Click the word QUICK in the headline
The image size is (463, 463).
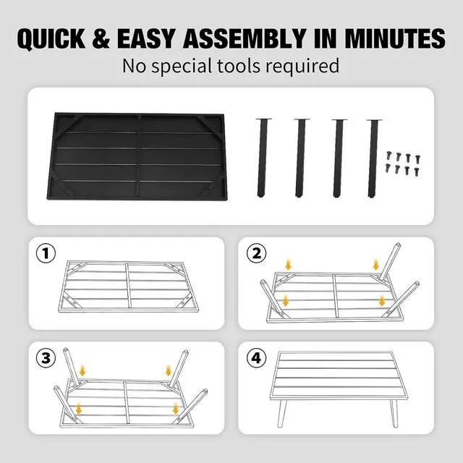(x=51, y=38)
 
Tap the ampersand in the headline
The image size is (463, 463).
(x=101, y=38)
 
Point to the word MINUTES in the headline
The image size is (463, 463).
(x=395, y=38)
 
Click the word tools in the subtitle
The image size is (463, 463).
(x=239, y=66)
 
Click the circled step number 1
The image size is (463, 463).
(x=46, y=253)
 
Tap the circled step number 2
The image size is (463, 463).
(x=256, y=253)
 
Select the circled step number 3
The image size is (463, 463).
(x=46, y=358)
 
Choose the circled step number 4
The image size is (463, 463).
(x=256, y=358)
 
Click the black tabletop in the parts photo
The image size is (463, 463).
(x=137, y=156)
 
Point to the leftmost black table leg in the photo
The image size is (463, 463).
(x=263, y=158)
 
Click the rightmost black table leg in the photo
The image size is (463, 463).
(x=373, y=158)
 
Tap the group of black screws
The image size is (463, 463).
(x=402, y=163)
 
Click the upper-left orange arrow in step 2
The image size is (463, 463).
(x=288, y=263)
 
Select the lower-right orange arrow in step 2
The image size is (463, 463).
(x=382, y=300)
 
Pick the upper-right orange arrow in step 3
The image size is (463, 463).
(x=169, y=370)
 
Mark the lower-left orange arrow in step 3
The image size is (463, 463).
(x=79, y=409)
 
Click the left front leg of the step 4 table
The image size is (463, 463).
(x=282, y=413)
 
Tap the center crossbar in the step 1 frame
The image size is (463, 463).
(x=128, y=285)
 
